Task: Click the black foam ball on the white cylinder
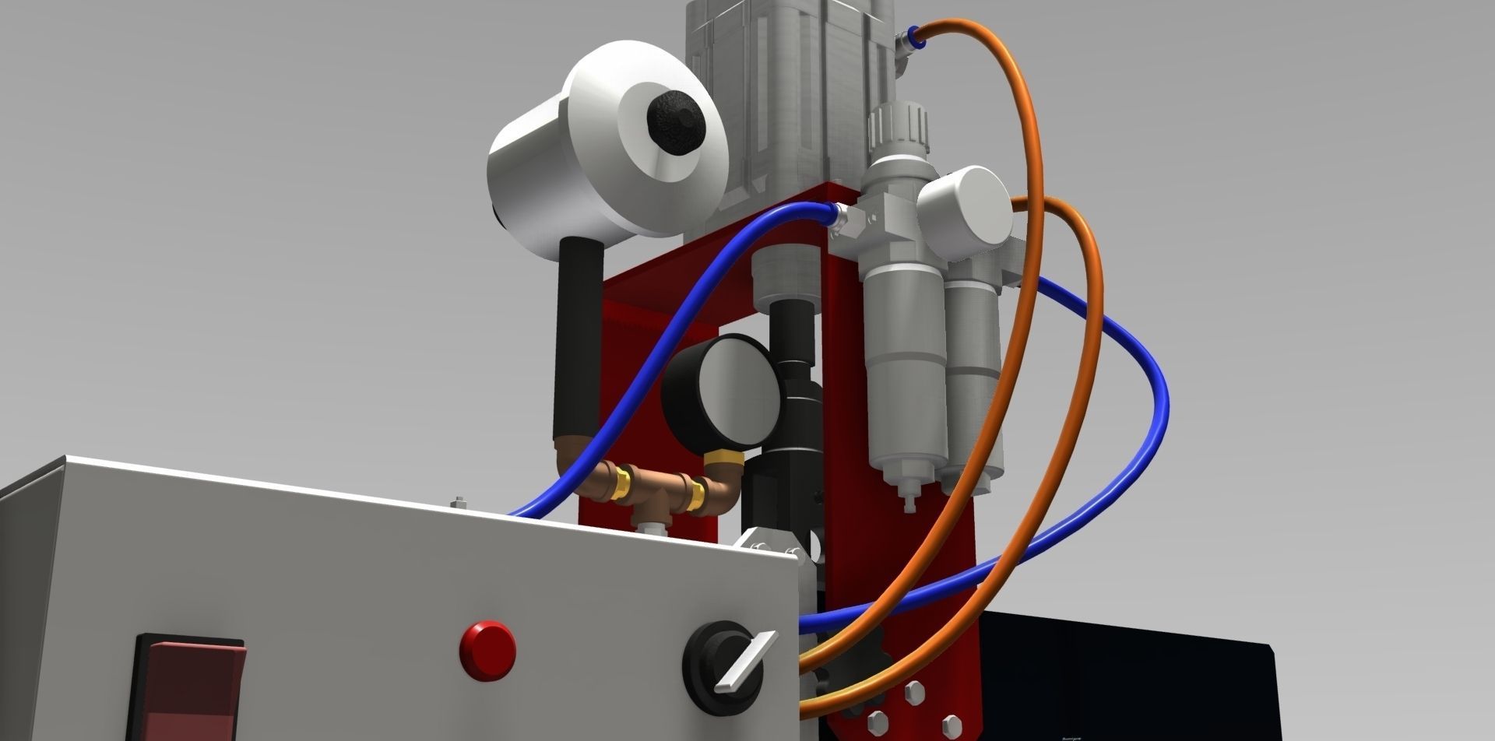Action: coord(676,124)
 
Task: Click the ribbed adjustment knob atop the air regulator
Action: coord(899,126)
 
